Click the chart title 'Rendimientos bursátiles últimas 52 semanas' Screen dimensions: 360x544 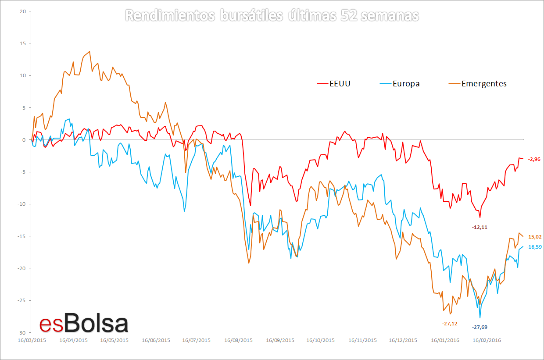coord(272,16)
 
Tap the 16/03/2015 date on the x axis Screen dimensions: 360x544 coord(32,340)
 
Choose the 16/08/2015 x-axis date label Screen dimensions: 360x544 coord(238,340)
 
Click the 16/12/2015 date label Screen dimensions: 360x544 coord(403,340)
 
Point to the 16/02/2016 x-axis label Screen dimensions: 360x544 coord(486,340)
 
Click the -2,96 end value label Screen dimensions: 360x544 coord(534,159)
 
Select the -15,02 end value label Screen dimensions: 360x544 coord(533,237)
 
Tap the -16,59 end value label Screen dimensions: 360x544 coord(533,247)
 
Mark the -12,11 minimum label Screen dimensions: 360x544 coord(480,227)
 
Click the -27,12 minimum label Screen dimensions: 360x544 coord(450,324)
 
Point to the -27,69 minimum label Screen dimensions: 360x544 coord(480,327)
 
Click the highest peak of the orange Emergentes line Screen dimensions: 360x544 coord(89,51)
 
